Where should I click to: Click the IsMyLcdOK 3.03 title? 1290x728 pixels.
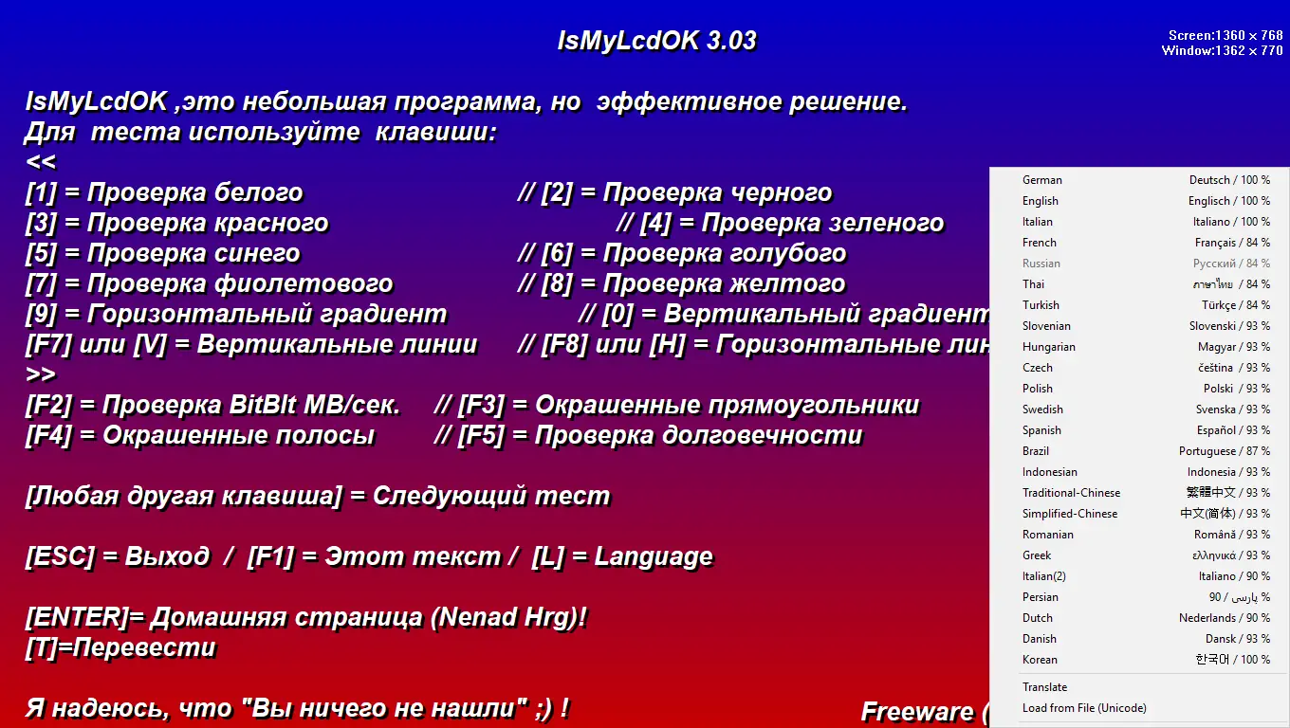[656, 41]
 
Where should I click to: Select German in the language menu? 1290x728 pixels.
[1042, 180]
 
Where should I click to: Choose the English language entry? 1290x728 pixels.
[1041, 201]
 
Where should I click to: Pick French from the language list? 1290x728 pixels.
[1040, 243]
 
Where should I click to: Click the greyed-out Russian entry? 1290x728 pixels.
[1041, 264]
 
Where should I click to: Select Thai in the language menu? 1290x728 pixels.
[1034, 284]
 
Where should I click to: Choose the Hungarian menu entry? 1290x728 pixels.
[1049, 347]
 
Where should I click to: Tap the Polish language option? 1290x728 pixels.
[1038, 389]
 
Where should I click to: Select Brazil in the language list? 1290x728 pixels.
[1036, 451]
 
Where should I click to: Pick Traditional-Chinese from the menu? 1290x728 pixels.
[1071, 493]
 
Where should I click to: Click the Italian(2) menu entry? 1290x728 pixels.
[1044, 576]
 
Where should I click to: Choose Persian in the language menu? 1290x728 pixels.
[1041, 597]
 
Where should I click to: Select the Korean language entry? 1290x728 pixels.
[1040, 660]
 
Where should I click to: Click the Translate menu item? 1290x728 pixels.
[1044, 687]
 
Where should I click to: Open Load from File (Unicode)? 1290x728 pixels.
[1084, 708]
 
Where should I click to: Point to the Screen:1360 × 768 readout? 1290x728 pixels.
[1225, 36]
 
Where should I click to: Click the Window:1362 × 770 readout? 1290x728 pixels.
[1222, 51]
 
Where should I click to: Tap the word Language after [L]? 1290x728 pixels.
[654, 556]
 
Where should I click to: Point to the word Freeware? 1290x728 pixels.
[916, 711]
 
